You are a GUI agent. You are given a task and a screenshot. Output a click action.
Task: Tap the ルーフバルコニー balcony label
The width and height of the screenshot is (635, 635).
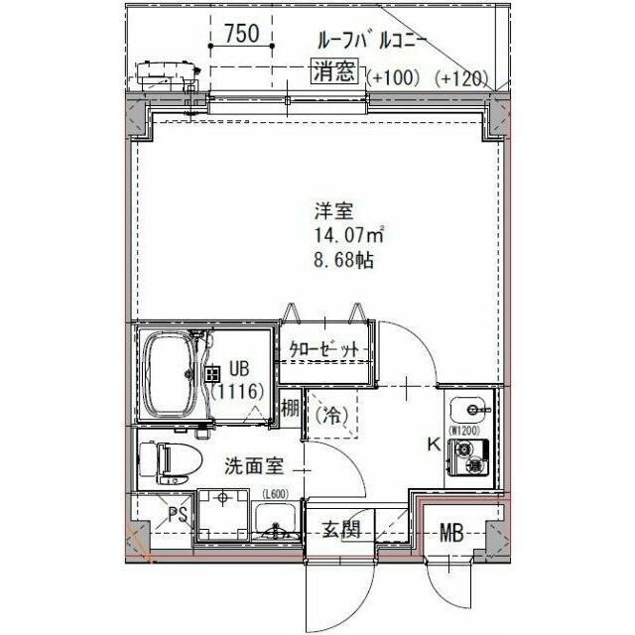371,41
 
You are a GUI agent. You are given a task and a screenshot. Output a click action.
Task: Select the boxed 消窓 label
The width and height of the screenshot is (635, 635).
337,71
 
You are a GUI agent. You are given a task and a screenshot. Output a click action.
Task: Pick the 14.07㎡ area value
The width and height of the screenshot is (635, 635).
336,236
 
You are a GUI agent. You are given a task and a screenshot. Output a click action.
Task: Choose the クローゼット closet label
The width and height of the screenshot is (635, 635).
322,350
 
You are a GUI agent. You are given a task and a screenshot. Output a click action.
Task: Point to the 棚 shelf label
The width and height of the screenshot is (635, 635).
289,408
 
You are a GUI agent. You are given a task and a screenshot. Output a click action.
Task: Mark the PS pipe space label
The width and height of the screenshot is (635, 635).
177,514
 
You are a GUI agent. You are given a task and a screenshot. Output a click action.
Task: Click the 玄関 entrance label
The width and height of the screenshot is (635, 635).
339,531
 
